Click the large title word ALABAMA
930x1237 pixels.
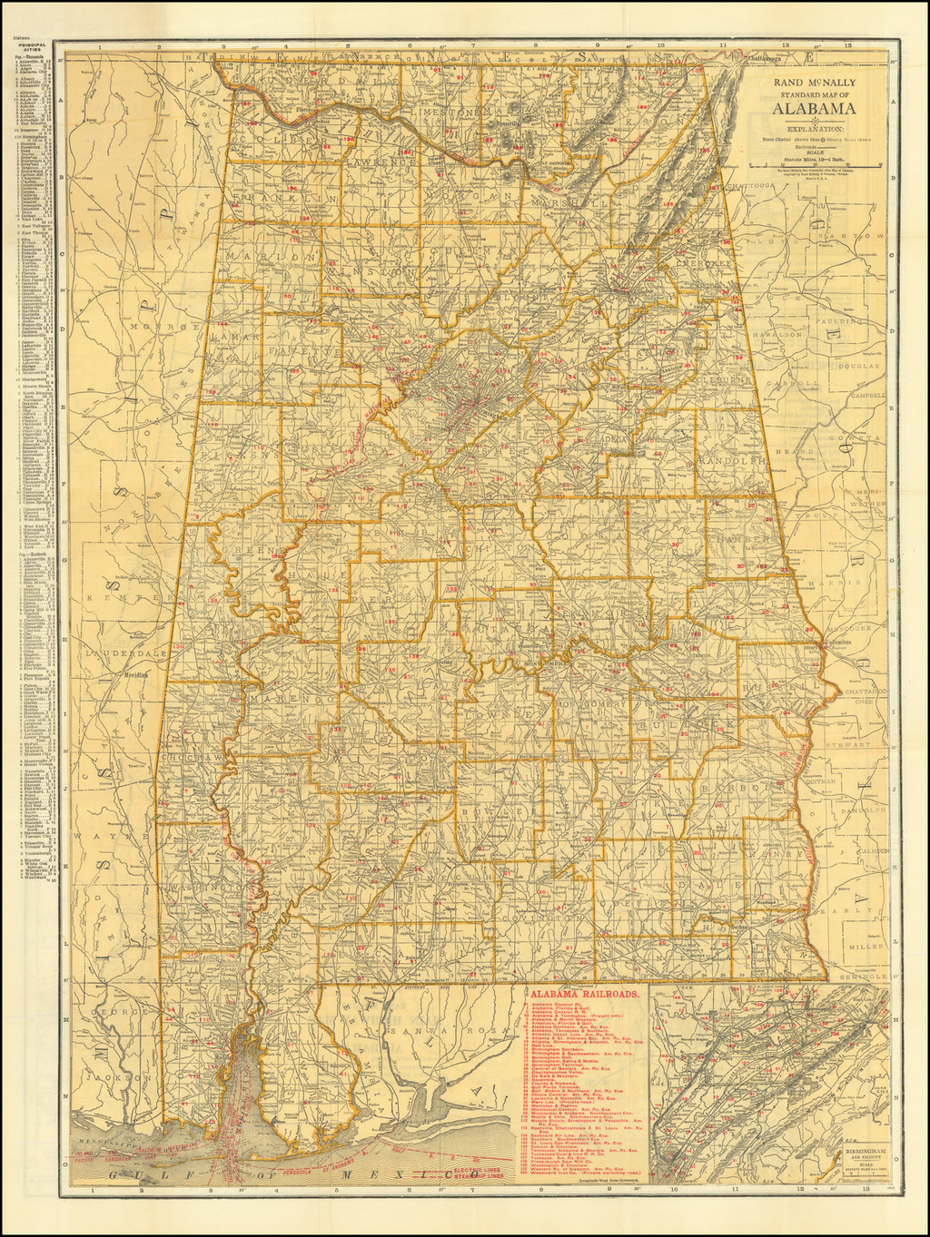tap(814, 110)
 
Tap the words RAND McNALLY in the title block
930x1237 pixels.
tap(814, 82)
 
